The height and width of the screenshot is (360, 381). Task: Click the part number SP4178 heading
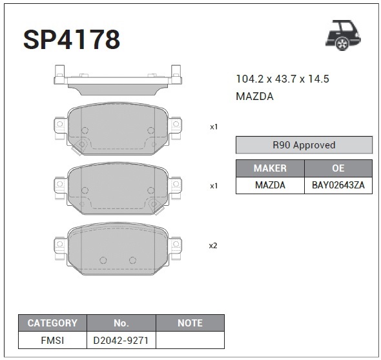tap(72, 39)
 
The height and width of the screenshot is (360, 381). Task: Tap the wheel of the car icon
tap(342, 44)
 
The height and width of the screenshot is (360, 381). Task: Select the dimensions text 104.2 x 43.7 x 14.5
tap(283, 79)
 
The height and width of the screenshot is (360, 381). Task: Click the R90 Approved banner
tap(304, 145)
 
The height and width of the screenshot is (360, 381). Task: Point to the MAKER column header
tap(270, 168)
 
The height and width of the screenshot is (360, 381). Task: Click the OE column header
tap(338, 168)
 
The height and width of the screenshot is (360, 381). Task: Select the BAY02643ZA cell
tap(338, 185)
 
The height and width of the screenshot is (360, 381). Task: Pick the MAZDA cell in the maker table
tap(270, 185)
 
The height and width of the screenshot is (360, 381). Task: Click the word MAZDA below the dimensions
tap(254, 96)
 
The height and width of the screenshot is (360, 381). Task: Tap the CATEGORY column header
tap(52, 323)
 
